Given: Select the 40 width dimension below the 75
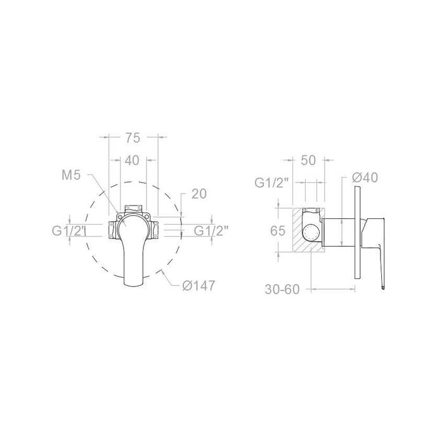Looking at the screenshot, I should [132, 160].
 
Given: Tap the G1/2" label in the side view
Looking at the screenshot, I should [271, 183].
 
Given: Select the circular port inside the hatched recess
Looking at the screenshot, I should [311, 231].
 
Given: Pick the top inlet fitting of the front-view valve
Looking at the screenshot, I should [133, 208].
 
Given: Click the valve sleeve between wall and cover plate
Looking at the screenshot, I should [336, 231].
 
